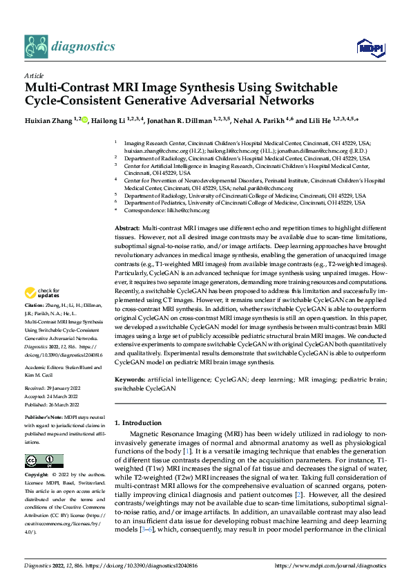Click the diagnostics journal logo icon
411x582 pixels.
(37, 47)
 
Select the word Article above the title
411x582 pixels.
(33, 75)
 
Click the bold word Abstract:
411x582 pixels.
(127, 227)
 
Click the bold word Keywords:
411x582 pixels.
(129, 380)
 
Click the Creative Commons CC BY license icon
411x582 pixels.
(39, 460)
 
